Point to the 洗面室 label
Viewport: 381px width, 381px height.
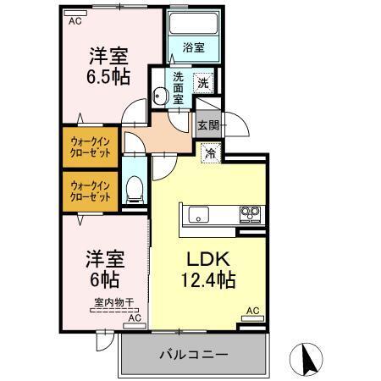pyautogui.click(x=179, y=87)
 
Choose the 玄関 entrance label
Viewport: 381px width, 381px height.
pyautogui.click(x=208, y=124)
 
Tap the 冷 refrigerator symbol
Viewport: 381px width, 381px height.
pyautogui.click(x=211, y=153)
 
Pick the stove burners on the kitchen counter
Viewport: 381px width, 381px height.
pyautogui.click(x=249, y=213)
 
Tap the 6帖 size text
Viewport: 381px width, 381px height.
pyautogui.click(x=103, y=277)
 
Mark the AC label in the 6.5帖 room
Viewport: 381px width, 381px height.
pyautogui.click(x=75, y=19)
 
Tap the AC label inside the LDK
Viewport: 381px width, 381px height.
pyautogui.click(x=251, y=311)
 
